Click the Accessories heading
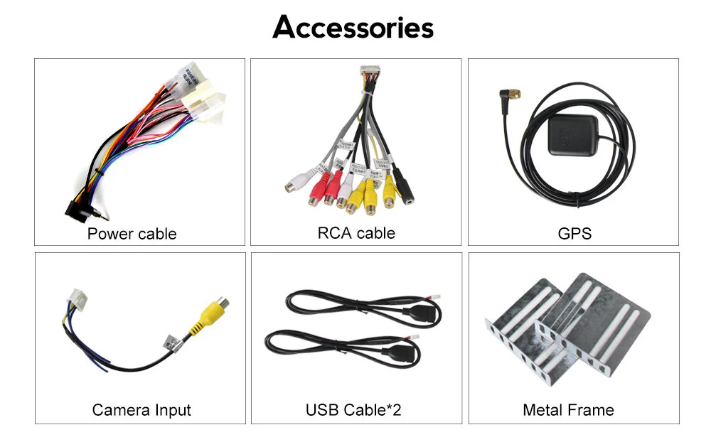pos(353,28)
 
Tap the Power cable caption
pos(132,234)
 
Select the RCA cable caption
pos(356,233)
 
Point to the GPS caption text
pos(574,234)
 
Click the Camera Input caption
pos(141,410)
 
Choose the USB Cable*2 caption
pos(353,410)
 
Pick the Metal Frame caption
pos(568,410)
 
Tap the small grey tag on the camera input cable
pos(171,343)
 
